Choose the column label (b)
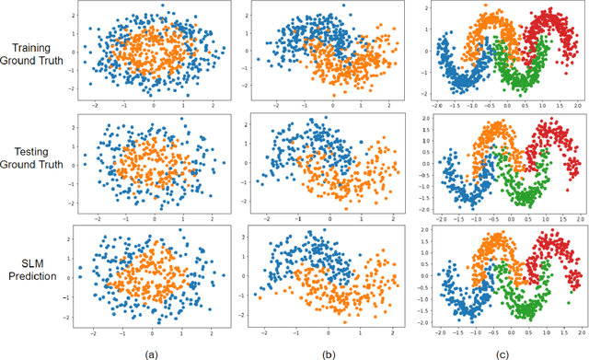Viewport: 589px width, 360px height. point(329,351)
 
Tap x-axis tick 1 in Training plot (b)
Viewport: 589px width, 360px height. point(360,106)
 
